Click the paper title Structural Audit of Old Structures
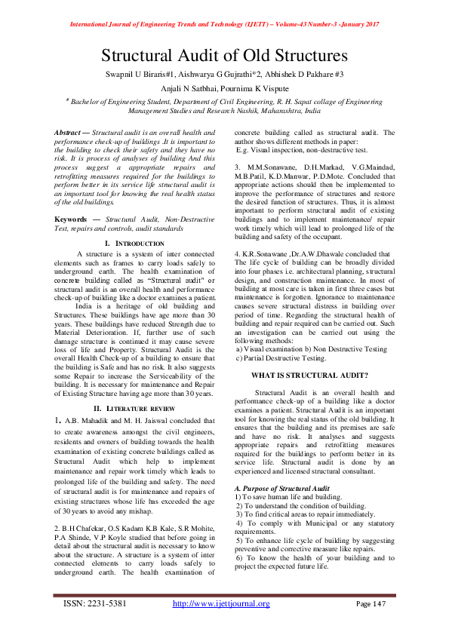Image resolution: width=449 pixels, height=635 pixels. pyautogui.click(x=224, y=56)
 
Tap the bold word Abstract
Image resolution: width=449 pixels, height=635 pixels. pyautogui.click(x=68, y=133)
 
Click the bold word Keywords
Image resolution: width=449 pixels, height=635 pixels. pyautogui.click(x=70, y=219)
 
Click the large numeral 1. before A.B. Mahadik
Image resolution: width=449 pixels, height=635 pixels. pyautogui.click(x=57, y=420)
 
